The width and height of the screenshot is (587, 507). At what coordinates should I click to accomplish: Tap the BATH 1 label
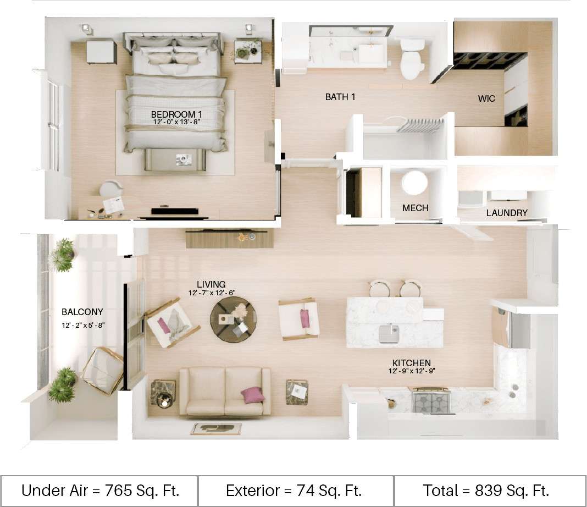point(340,97)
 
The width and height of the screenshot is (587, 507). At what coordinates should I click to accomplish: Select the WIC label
point(486,99)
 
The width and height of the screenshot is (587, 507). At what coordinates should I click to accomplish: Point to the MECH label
point(415,208)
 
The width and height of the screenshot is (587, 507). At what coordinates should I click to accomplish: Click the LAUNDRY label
point(507,213)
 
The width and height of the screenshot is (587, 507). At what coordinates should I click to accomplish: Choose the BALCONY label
point(82,312)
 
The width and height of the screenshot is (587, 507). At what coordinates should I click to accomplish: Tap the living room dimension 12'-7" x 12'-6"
point(211,293)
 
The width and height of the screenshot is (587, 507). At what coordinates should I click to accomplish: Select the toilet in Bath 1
point(412,59)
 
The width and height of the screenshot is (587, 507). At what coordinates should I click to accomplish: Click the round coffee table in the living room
point(233,319)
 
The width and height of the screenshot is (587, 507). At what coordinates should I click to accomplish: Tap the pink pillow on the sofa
point(252,394)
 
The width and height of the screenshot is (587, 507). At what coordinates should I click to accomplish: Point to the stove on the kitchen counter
point(431,400)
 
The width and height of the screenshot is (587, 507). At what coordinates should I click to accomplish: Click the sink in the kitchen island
point(389,333)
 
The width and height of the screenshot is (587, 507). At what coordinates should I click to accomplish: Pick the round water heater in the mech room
point(414,183)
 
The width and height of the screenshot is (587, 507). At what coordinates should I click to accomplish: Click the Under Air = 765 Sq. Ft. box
point(100,490)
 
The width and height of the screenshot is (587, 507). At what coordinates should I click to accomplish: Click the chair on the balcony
point(103,371)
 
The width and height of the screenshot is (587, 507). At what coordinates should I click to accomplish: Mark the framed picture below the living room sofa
point(216,429)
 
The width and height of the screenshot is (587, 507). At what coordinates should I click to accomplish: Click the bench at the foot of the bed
point(175,159)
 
